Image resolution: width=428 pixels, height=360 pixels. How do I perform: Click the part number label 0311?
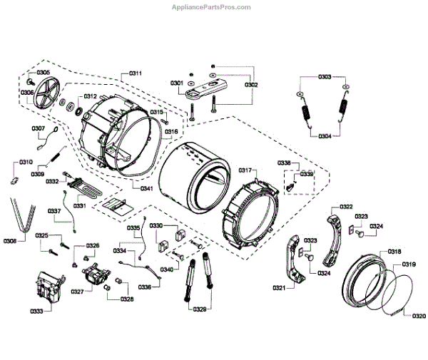click(x=136, y=73)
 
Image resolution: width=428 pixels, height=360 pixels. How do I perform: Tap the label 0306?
click(x=27, y=93)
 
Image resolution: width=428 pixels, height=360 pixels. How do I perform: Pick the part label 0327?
click(x=77, y=292)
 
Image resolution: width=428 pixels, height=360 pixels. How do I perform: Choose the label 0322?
click(x=346, y=207)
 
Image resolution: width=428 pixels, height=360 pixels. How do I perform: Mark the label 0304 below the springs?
click(x=324, y=136)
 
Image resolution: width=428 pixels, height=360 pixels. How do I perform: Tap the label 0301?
click(x=176, y=84)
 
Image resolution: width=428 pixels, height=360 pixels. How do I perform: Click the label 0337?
click(x=54, y=210)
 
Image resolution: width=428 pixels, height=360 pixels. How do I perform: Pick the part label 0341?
click(x=146, y=188)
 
